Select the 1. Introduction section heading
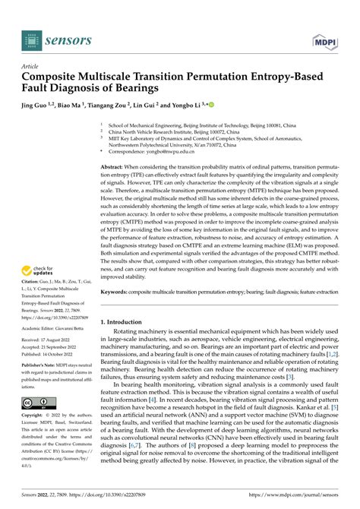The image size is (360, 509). pos(125,323)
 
